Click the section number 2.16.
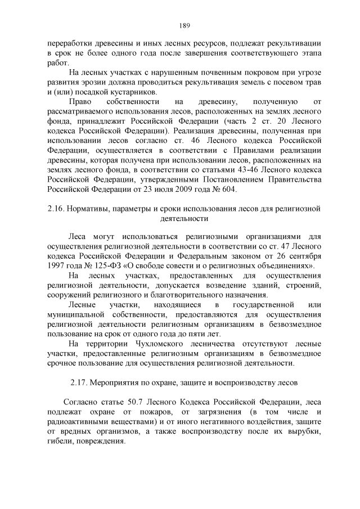(56, 209)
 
